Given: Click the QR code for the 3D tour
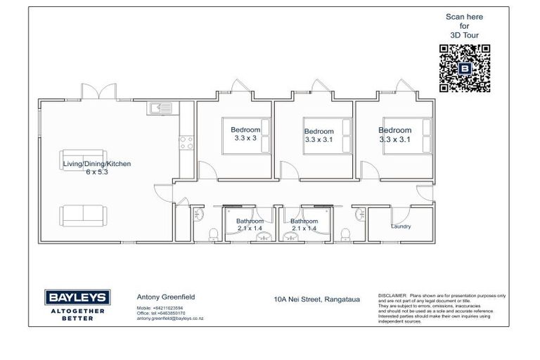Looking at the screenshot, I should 464,68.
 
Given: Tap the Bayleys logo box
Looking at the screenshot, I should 76,296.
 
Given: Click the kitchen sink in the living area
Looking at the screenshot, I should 156,109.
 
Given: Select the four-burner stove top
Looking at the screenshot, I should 187,143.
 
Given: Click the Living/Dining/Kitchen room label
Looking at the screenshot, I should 96,164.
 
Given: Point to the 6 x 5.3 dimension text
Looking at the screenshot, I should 97,172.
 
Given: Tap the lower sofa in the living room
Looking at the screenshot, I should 84,212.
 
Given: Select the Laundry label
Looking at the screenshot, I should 401,226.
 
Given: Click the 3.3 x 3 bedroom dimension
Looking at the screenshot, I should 245,139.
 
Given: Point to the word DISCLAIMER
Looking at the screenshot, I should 392,296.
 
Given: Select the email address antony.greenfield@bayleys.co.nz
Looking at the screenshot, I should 169,318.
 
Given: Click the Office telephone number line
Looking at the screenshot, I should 161,313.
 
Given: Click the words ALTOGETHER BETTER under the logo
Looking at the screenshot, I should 76,314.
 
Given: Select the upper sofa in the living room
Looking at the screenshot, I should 84,159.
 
